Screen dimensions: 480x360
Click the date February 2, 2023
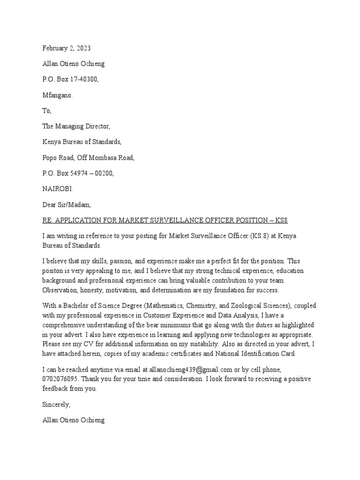(x=67, y=48)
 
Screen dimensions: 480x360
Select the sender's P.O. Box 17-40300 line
(x=70, y=79)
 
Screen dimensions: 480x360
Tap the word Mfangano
(x=58, y=95)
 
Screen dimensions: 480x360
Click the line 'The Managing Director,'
(x=77, y=127)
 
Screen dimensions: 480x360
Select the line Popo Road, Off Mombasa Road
(x=88, y=158)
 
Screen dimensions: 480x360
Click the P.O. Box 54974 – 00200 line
(x=78, y=173)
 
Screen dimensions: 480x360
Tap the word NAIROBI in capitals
(x=58, y=189)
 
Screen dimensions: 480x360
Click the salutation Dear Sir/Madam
(x=66, y=205)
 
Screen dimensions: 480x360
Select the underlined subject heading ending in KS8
(x=168, y=220)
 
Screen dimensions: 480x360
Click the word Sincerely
(x=56, y=405)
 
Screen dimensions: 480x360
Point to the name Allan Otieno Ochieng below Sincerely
(x=74, y=420)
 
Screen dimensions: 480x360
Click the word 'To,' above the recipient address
(x=47, y=111)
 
